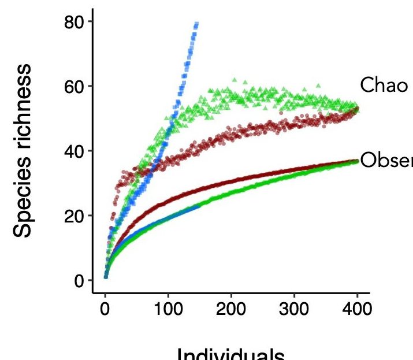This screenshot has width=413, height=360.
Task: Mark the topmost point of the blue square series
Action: (x=197, y=24)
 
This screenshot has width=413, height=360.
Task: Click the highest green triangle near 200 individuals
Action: (x=235, y=80)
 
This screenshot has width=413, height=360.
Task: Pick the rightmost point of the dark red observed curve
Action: (x=357, y=161)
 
